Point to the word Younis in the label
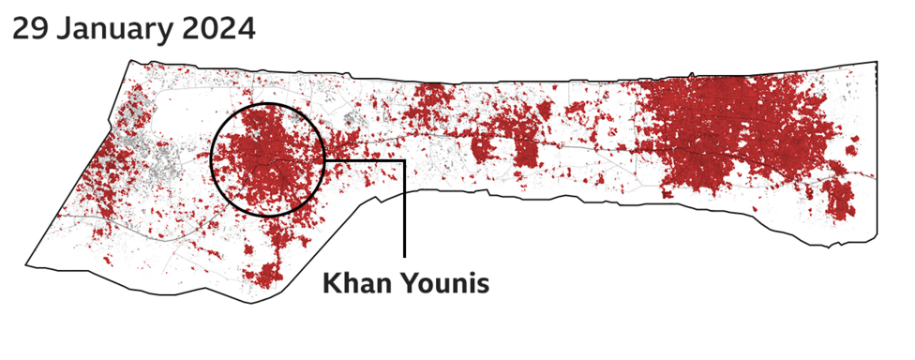tap(444, 283)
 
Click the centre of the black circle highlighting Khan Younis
tap(268, 160)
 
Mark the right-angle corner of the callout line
tap(405, 160)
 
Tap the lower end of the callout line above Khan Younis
tap(405, 255)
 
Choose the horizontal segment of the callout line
tap(366, 160)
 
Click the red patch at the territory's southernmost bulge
tap(265, 275)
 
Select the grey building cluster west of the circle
tap(159, 164)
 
